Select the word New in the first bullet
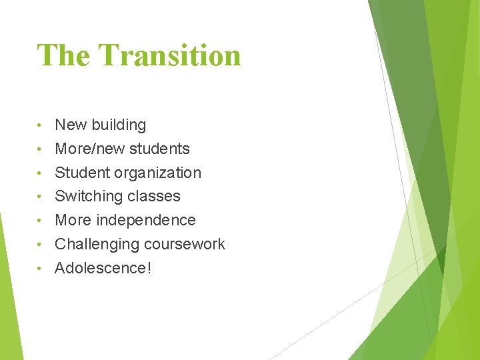(71, 125)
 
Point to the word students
(160, 149)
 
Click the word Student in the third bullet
(82, 173)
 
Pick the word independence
(147, 221)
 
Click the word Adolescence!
(103, 268)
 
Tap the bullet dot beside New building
(41, 125)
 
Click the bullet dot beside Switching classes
(41, 197)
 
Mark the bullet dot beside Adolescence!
(41, 269)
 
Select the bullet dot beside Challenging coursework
(41, 245)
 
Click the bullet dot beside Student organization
(41, 173)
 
